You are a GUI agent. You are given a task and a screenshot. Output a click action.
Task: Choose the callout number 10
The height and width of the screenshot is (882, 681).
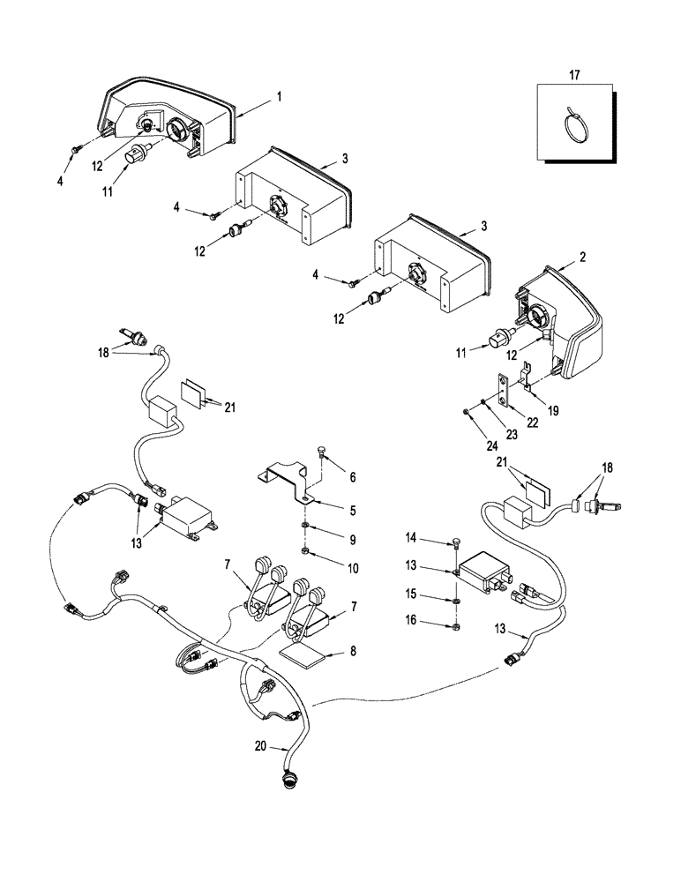click(352, 569)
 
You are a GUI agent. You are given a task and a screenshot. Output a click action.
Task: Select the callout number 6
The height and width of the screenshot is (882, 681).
click(352, 477)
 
